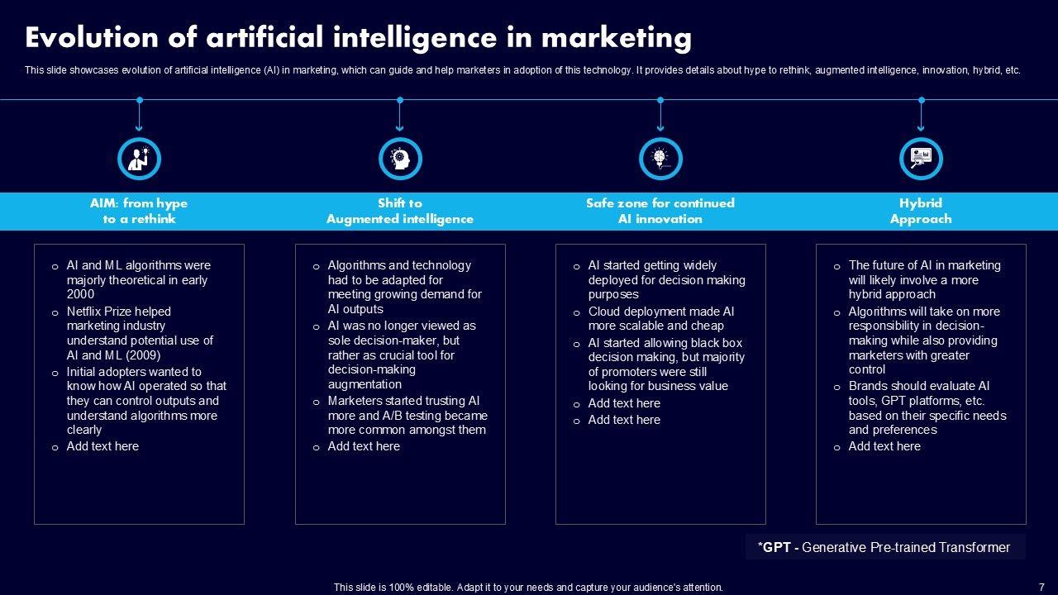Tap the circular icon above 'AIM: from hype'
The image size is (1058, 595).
tap(139, 159)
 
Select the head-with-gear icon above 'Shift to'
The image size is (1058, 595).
tap(400, 159)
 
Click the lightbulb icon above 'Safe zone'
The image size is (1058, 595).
tap(660, 159)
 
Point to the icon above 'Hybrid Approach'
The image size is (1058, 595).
tap(921, 159)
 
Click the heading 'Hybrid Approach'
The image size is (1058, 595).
tap(921, 211)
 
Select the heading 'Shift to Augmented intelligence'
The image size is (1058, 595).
tap(400, 211)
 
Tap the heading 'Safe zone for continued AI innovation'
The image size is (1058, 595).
tap(660, 211)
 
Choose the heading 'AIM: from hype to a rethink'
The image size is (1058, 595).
tap(139, 211)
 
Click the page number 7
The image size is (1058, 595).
tap(1041, 588)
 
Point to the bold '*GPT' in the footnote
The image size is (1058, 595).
tap(775, 547)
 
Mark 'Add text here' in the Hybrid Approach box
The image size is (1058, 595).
tap(884, 446)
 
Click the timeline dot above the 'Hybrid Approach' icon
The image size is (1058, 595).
tap(921, 100)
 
